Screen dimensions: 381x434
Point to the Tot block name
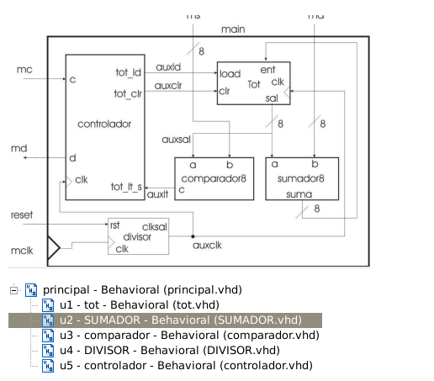pos(253,84)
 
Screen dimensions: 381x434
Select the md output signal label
pos(19,148)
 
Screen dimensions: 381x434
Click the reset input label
pos(22,215)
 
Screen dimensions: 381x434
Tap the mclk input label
pos(22,250)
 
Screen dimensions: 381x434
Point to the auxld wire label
pos(168,66)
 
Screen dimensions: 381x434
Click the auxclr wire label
pos(169,85)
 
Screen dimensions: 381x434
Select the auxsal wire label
pos(174,138)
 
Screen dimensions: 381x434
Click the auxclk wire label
pos(206,246)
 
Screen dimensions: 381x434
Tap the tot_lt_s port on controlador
pos(126,186)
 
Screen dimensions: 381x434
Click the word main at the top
pos(233,29)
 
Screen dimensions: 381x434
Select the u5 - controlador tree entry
pos(184,365)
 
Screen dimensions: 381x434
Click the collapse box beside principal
pos(13,289)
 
